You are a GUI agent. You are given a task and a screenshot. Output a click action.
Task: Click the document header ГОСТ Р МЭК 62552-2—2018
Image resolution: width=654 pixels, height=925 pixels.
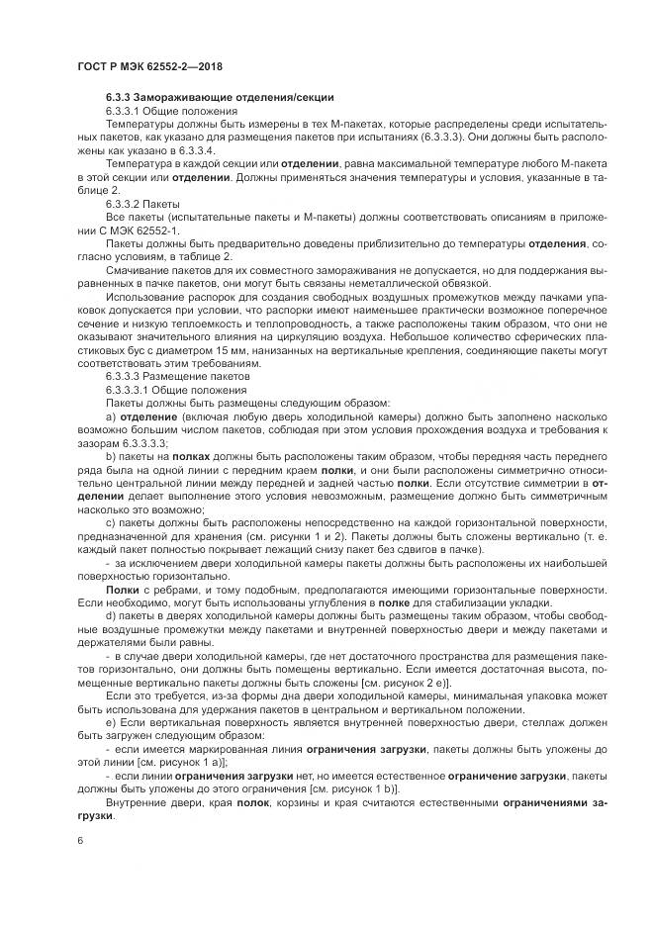tap(149, 66)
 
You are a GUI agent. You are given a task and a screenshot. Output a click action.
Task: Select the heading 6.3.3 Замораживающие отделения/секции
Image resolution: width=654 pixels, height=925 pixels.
tap(220, 98)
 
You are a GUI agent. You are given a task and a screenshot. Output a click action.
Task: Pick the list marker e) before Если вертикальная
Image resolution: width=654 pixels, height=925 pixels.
tap(111, 724)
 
